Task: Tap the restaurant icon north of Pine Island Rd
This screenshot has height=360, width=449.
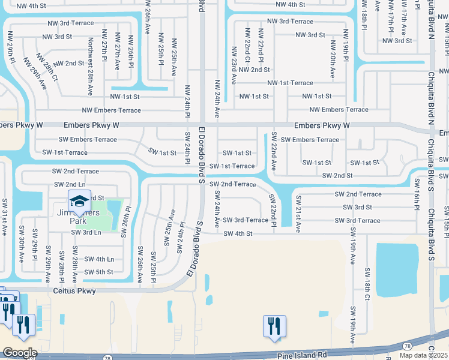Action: (x=274, y=327)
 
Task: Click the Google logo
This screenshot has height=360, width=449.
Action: (x=19, y=353)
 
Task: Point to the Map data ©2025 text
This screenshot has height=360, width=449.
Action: (x=424, y=355)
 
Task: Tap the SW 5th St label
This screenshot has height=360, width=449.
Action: (x=98, y=272)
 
